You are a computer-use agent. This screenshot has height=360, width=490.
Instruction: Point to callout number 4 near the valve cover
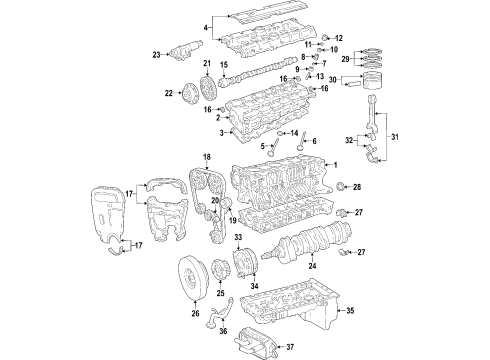[x=206, y=27]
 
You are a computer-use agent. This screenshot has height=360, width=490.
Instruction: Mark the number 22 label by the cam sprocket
[x=167, y=93]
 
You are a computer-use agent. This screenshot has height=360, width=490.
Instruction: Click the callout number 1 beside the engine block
[x=337, y=164]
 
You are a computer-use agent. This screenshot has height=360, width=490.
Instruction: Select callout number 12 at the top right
[x=340, y=37]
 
